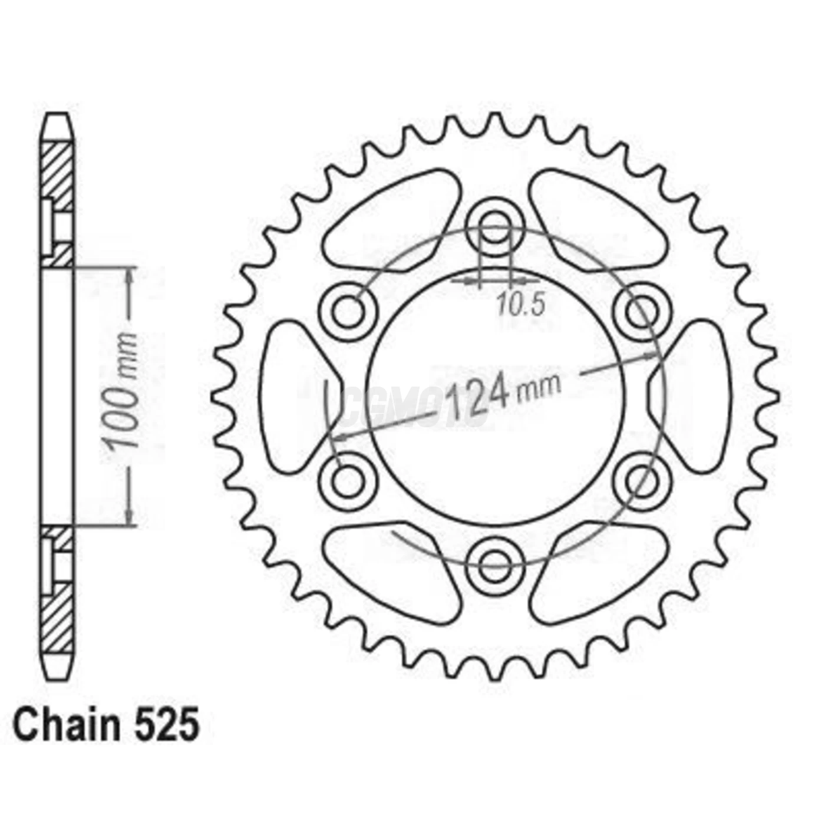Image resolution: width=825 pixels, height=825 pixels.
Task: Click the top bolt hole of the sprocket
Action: tap(494, 229)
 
